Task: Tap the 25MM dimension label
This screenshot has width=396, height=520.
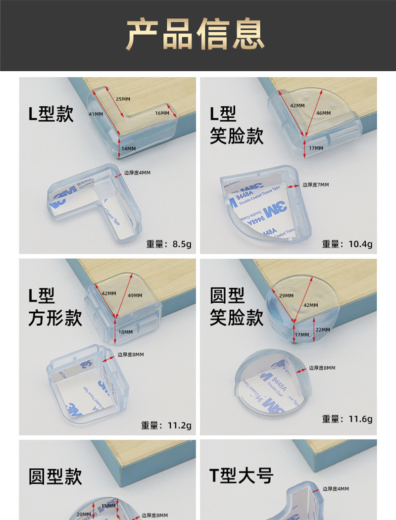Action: click(123, 99)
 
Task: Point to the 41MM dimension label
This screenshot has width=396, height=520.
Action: click(96, 114)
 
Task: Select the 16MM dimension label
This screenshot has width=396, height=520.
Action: click(162, 113)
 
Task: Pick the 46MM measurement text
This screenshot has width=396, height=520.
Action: click(323, 113)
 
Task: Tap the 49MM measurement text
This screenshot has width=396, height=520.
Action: click(135, 296)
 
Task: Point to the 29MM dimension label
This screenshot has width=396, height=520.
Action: click(286, 295)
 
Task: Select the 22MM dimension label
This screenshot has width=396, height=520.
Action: click(322, 330)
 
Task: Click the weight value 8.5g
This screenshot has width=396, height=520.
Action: click(181, 244)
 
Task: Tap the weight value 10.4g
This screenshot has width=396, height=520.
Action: click(361, 244)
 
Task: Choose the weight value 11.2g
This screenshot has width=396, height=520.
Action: click(180, 425)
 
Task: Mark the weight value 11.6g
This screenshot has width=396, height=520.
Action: click(360, 419)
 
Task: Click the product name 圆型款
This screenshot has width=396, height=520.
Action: click(55, 476)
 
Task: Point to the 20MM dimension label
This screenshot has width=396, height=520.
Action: click(84, 515)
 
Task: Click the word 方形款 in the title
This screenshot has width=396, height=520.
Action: click(55, 318)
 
